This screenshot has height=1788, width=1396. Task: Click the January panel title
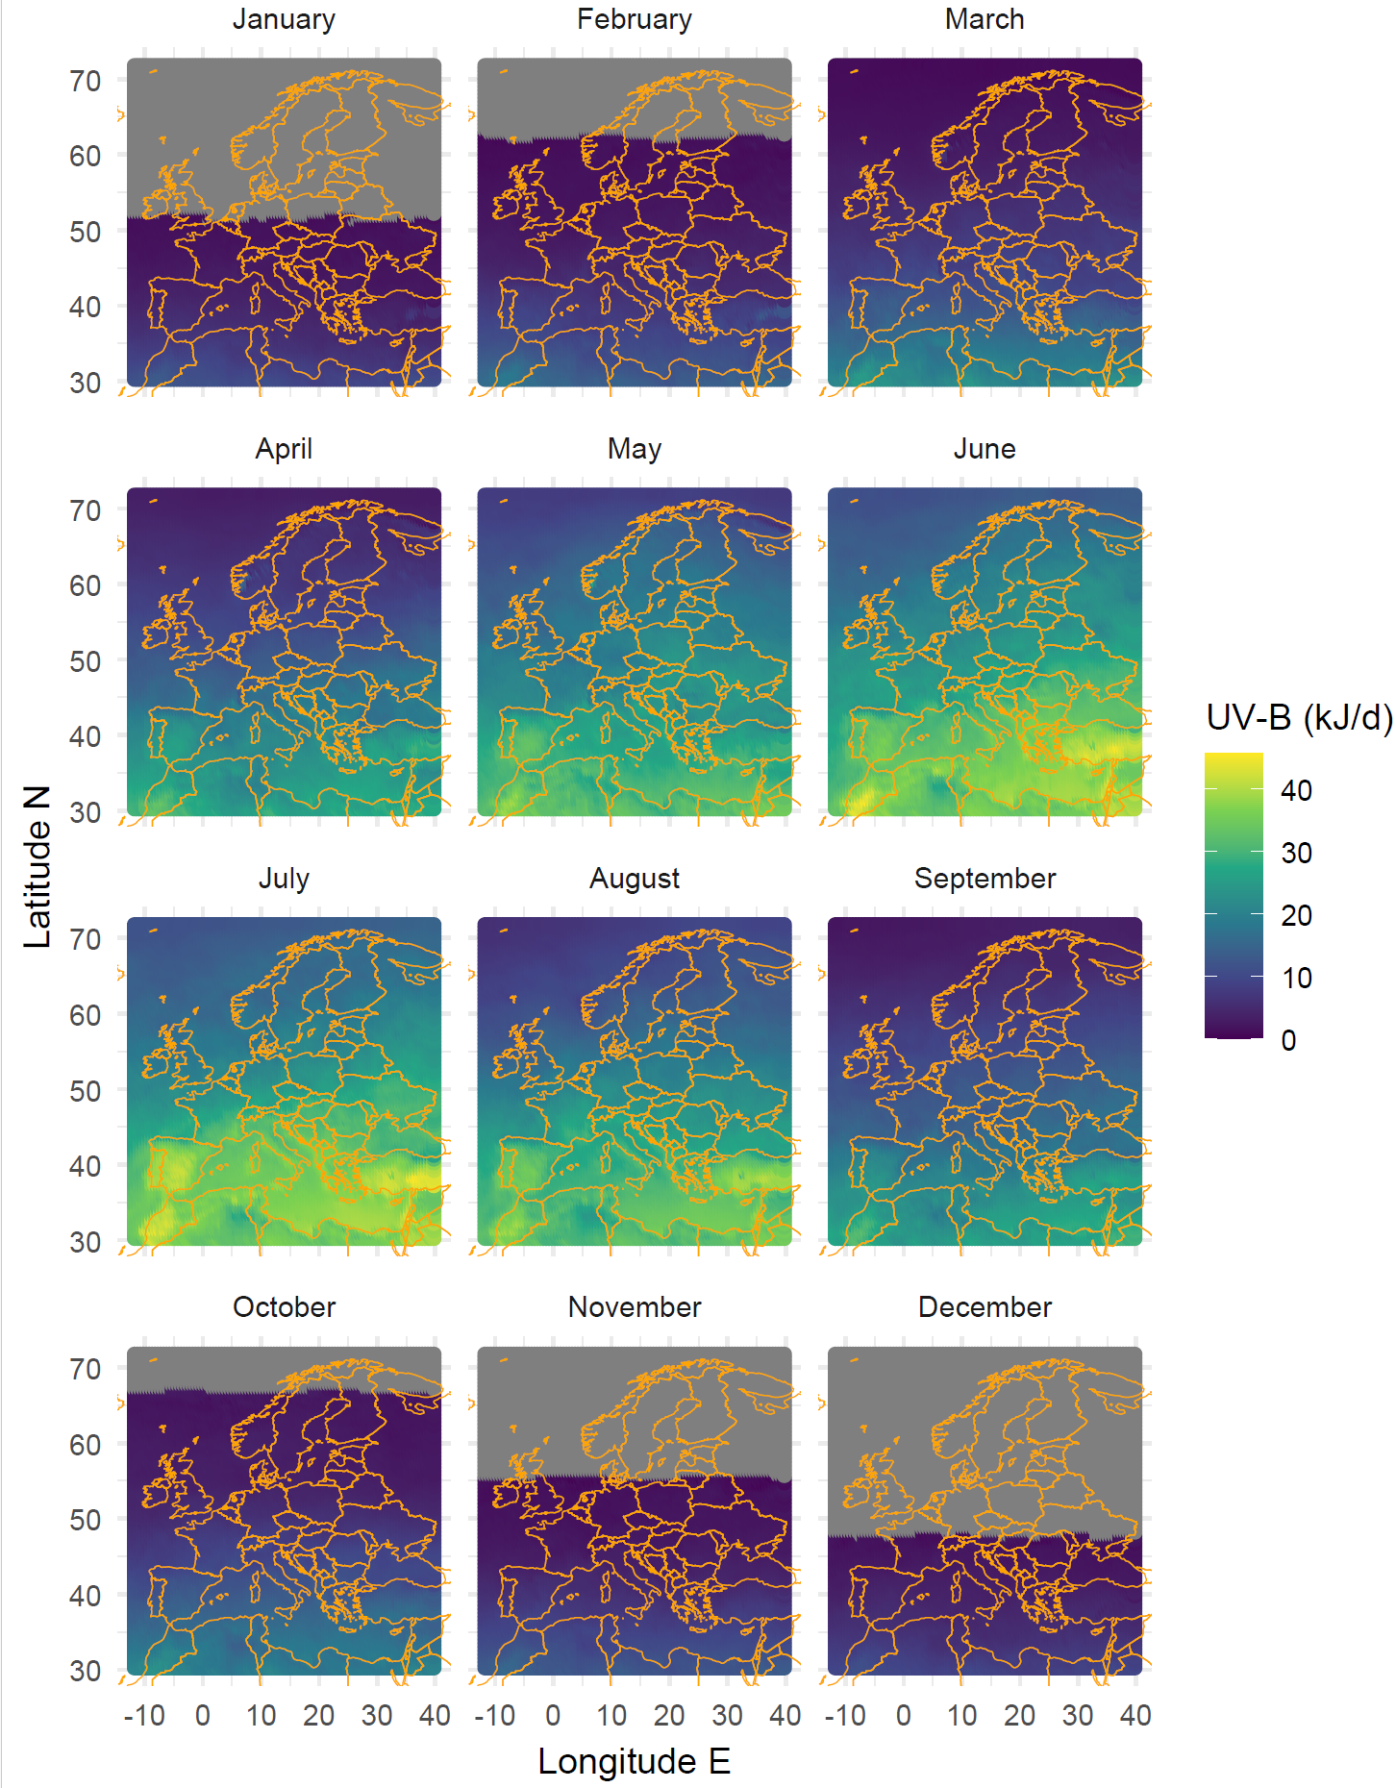(x=284, y=19)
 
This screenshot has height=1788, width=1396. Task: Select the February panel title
(x=634, y=19)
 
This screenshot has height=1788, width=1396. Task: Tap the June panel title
(x=984, y=449)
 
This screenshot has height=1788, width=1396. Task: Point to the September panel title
(x=984, y=879)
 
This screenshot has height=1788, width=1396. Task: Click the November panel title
(x=634, y=1307)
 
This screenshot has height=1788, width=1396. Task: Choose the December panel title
(x=984, y=1307)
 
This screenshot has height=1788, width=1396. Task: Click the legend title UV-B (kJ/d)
(x=1298, y=718)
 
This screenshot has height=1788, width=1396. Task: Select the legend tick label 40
(x=1296, y=791)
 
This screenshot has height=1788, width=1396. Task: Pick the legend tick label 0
(x=1288, y=1040)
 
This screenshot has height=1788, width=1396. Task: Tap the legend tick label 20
(x=1296, y=916)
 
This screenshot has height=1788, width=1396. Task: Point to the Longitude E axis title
(x=634, y=1762)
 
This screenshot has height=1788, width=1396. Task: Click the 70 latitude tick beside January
(x=85, y=82)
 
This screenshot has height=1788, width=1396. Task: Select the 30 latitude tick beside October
(x=85, y=1672)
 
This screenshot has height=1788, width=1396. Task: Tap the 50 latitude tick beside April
(x=85, y=662)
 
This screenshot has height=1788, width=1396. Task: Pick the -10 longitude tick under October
(x=144, y=1716)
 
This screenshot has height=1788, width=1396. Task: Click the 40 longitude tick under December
(x=1135, y=1716)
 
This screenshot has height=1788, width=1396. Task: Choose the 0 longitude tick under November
(x=553, y=1716)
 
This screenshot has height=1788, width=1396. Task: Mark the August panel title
(x=634, y=879)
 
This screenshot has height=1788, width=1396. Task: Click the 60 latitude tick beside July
(x=85, y=1016)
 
